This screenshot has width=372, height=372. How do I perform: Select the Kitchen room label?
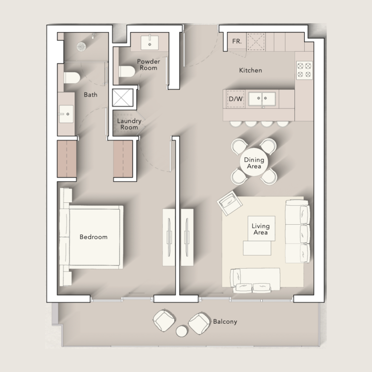click(x=251, y=71)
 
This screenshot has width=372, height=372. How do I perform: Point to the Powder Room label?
click(x=147, y=65)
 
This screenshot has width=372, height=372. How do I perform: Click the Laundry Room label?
click(x=129, y=124)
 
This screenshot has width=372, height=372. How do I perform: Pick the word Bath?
click(x=91, y=95)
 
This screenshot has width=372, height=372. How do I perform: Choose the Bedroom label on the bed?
click(x=93, y=237)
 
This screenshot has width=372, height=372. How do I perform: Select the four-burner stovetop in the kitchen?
click(x=305, y=70)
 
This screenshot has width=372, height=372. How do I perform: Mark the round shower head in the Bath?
click(x=82, y=46)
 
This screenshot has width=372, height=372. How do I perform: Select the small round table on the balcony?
click(x=182, y=331)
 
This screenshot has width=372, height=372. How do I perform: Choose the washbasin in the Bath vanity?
click(x=66, y=111)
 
